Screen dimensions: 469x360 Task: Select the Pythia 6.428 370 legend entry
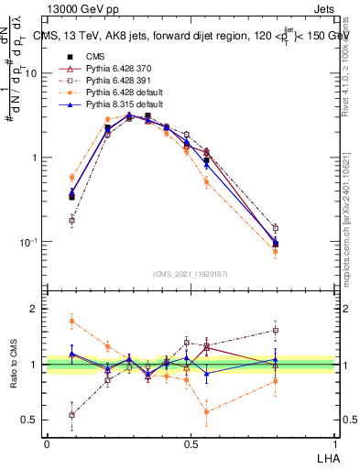[109, 70]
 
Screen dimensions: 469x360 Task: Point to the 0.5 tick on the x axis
[191, 443]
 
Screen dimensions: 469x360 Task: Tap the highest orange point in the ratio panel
[72, 320]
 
